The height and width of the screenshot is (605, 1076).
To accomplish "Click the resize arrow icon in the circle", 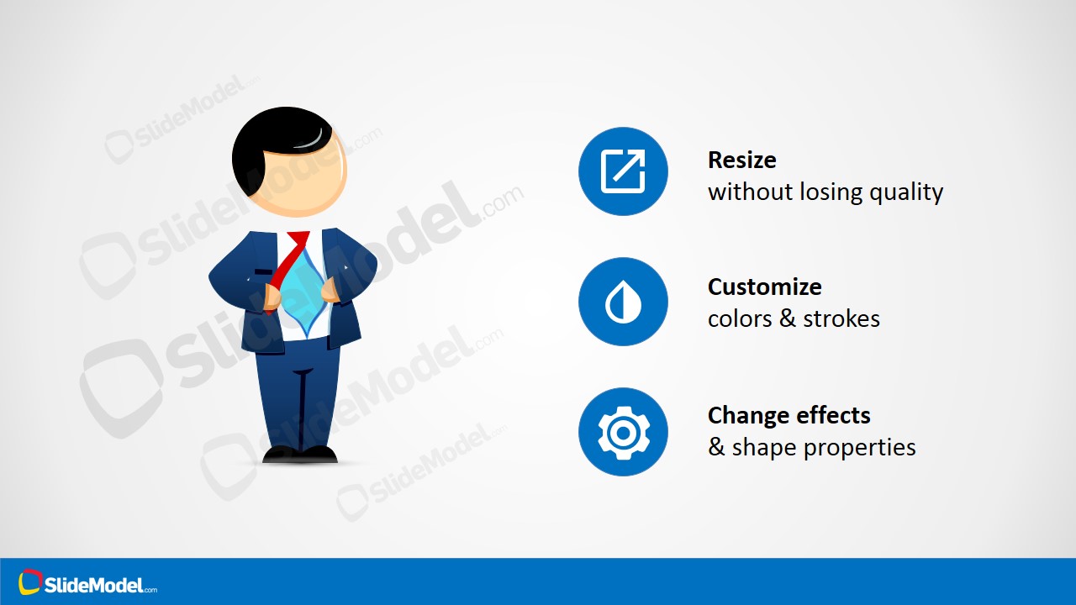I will [x=623, y=171].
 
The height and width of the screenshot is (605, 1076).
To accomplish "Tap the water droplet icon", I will [x=623, y=302].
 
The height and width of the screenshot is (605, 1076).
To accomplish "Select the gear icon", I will [x=623, y=432].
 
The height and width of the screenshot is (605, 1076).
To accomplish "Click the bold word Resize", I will [x=741, y=160].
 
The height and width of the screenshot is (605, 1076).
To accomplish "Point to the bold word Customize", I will [x=764, y=287].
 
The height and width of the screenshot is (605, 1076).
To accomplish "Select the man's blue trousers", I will [x=298, y=395].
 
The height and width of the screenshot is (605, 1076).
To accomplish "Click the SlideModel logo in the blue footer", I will [x=88, y=583].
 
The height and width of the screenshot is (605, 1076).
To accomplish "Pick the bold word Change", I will [x=742, y=415].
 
